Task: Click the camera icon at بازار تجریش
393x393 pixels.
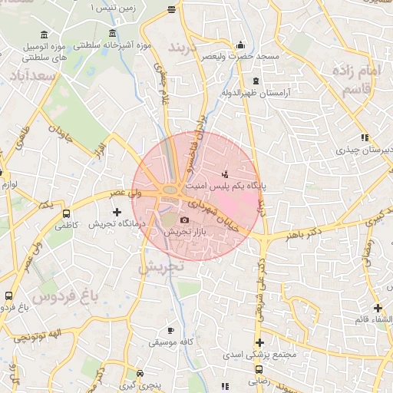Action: [x=184, y=220]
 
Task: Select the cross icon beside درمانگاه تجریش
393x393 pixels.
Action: [x=117, y=212]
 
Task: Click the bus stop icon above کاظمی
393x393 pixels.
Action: [x=67, y=214]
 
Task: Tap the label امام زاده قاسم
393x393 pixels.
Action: [x=358, y=80]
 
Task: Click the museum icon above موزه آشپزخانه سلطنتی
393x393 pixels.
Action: [x=114, y=34]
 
